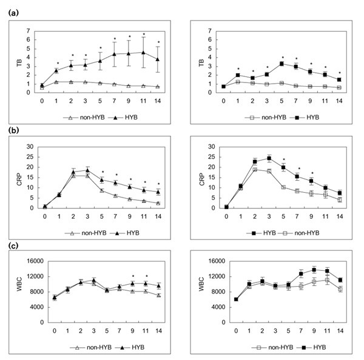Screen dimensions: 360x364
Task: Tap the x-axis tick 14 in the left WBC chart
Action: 158,331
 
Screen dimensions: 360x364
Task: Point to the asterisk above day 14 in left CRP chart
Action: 158,184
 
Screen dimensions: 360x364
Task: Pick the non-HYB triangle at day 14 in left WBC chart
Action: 158,295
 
